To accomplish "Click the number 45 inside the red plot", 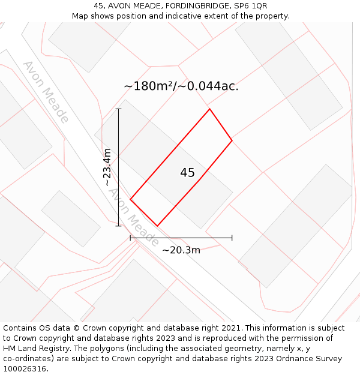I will coord(187,173).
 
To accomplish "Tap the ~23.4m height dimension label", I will coord(107,167).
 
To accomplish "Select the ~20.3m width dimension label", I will coord(181,250).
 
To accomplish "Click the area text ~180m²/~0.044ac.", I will coord(181,86).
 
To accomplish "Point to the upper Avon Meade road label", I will coord(46,91).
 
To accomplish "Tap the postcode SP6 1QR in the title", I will coord(250,6).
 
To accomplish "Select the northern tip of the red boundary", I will coord(209,109).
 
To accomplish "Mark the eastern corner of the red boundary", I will coord(232,140).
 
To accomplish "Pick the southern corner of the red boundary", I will coord(157,226).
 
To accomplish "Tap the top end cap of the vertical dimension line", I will coord(119,109).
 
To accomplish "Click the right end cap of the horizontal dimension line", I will coord(232,238).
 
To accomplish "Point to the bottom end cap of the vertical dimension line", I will coord(119,226).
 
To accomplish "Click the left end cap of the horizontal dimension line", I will coord(130,238).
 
